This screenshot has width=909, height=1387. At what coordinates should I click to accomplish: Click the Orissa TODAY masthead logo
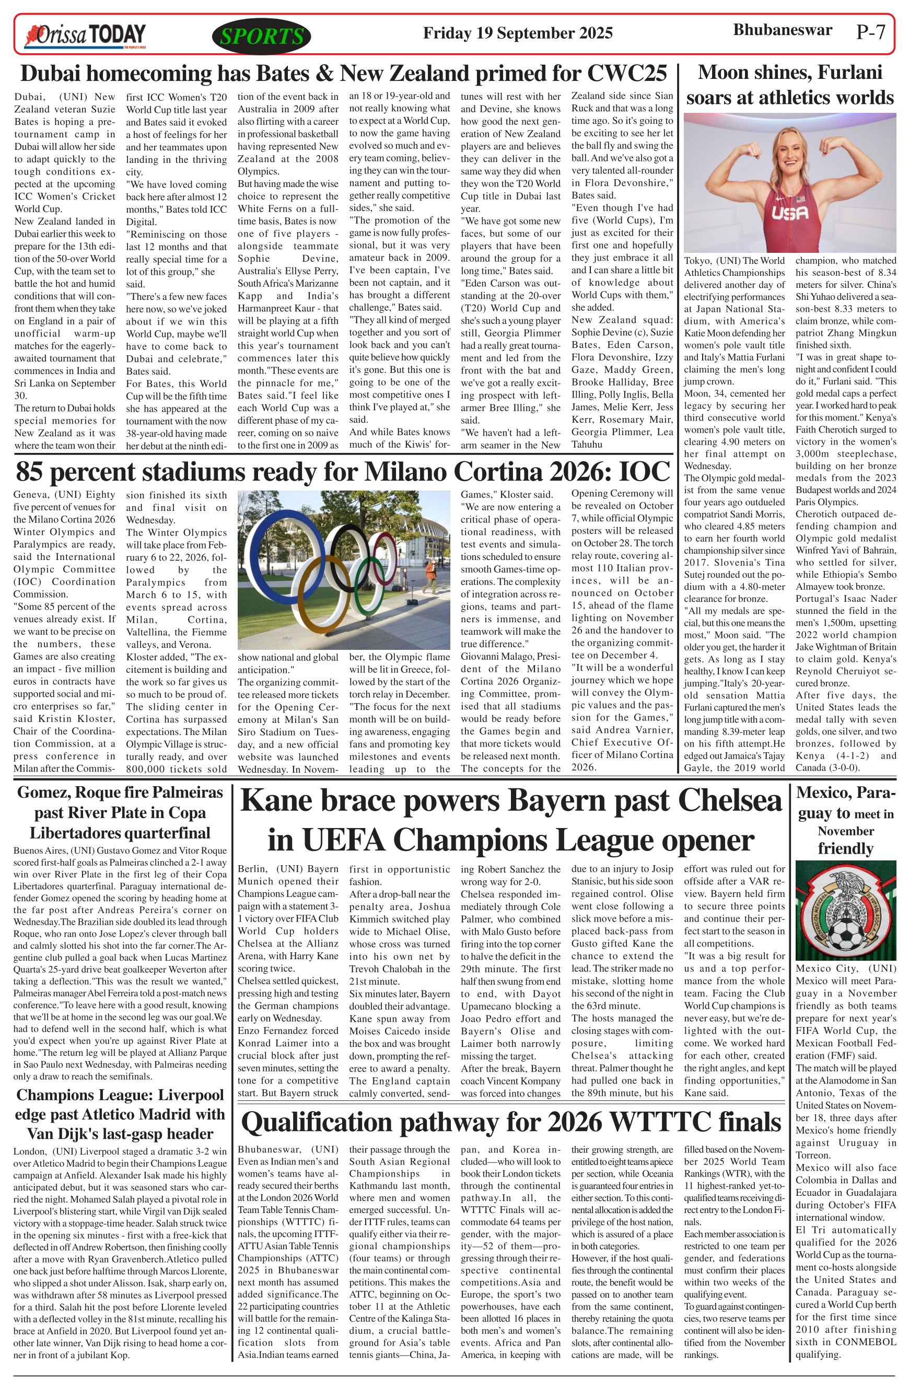[85, 35]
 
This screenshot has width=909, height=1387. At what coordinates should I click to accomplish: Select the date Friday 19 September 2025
[517, 33]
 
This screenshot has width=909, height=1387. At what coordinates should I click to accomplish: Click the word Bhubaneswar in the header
[782, 30]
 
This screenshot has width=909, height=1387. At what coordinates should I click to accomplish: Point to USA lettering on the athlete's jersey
[790, 214]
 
